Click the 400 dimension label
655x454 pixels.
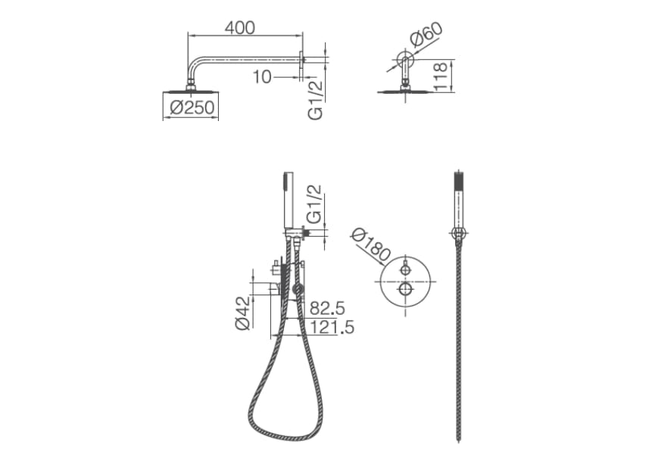[x=239, y=27]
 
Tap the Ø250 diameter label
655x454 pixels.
[x=192, y=107]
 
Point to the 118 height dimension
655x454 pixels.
[x=441, y=76]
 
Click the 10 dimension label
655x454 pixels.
[x=262, y=76]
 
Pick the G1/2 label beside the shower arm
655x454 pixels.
[x=316, y=100]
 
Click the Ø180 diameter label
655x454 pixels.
[x=371, y=245]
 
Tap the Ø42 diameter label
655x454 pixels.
[x=243, y=313]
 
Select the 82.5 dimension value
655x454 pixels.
[x=327, y=309]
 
